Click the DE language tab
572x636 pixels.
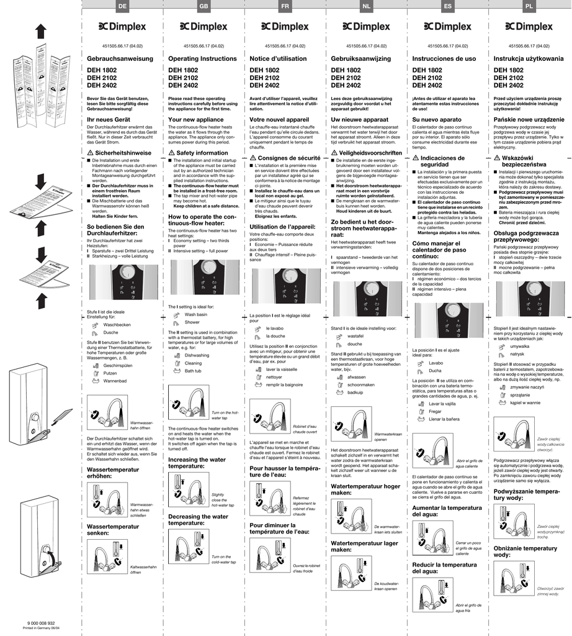[122, 6]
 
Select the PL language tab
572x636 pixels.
[529, 6]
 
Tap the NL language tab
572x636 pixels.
[367, 6]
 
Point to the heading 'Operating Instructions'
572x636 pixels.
[202, 58]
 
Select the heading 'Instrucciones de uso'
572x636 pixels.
[444, 58]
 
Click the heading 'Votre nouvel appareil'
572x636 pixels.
[279, 119]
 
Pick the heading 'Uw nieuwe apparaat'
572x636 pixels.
[360, 119]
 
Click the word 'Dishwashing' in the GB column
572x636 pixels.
[197, 355]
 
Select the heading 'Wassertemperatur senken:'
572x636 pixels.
[113, 530]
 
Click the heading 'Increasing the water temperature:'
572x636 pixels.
[197, 462]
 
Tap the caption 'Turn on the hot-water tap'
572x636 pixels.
[225, 416]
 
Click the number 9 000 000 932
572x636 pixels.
[42, 623]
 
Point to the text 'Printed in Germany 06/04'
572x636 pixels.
[42, 629]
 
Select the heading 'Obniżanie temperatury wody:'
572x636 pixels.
[525, 552]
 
